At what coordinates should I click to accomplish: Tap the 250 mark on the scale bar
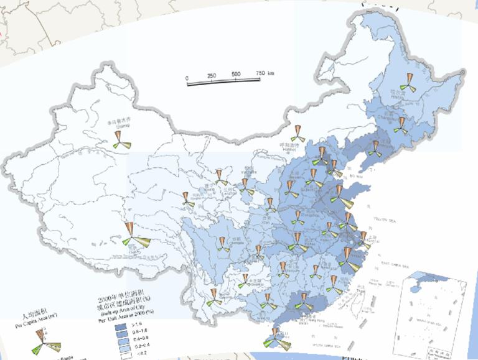coord(211,76)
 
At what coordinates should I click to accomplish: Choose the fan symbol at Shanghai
coord(363,239)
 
